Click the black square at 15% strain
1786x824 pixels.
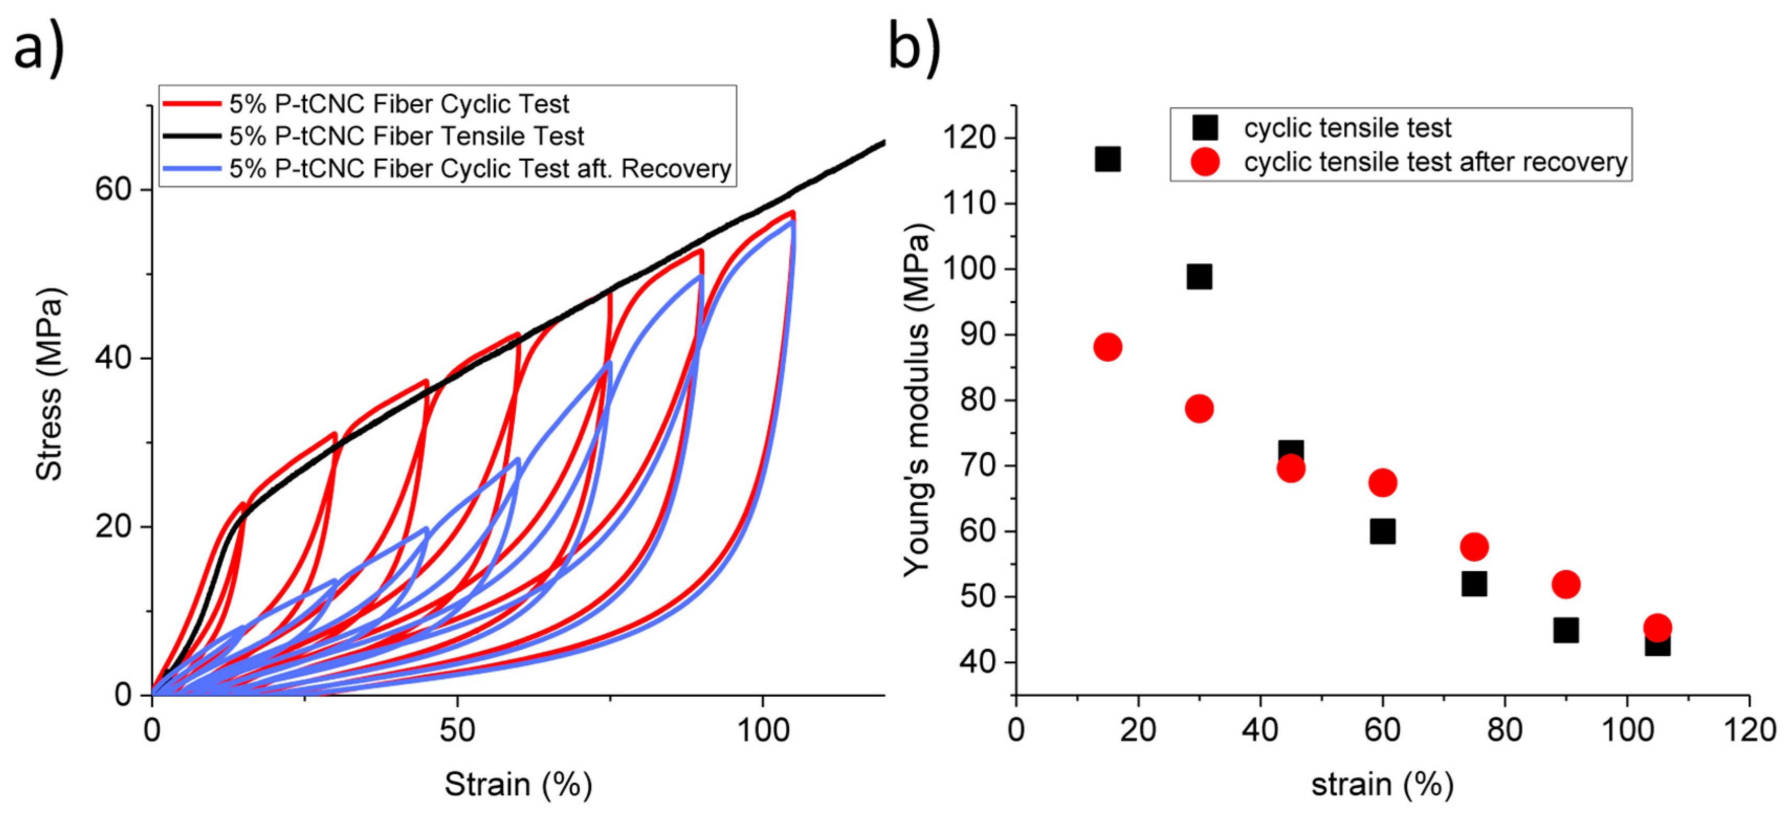(1107, 159)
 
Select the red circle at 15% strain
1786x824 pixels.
(1107, 347)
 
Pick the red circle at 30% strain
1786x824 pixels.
(1199, 408)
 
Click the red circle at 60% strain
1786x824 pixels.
(1382, 482)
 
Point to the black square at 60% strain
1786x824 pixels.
(1382, 531)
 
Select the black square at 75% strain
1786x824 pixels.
(1474, 584)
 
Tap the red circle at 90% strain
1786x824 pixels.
(1566, 584)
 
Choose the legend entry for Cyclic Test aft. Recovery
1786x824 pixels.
(480, 169)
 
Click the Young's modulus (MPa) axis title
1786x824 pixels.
(917, 400)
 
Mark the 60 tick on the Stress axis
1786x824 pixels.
(114, 189)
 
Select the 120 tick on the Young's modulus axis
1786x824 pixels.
(969, 138)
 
